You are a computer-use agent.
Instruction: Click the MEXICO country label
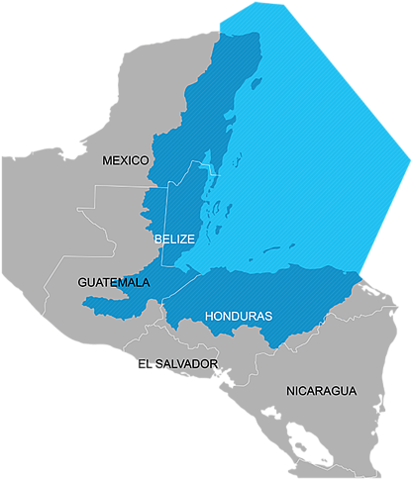point(125,160)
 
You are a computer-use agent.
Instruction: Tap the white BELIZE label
point(174,239)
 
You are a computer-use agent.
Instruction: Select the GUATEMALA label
point(114,283)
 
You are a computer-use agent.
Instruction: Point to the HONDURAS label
point(238,317)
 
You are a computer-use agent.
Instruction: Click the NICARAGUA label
point(321,391)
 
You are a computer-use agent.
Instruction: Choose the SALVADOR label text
point(183,364)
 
